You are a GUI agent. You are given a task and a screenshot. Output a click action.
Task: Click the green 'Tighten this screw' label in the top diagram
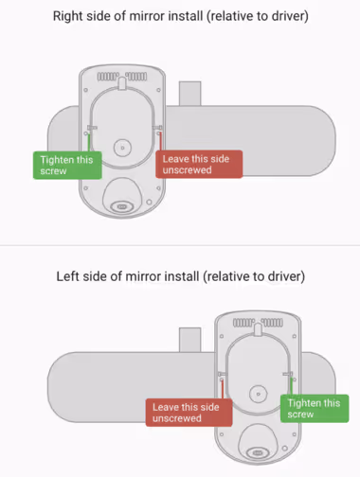pos(67,166)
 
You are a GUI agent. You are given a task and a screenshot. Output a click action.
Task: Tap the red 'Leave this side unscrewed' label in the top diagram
pos(199,164)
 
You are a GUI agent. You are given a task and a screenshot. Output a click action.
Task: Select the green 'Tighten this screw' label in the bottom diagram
pos(315,409)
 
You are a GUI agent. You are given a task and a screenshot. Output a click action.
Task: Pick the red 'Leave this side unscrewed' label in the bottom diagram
pos(189,413)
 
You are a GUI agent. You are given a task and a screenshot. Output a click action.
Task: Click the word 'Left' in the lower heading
pos(67,276)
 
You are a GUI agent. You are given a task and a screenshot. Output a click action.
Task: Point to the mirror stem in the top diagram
pos(190,94)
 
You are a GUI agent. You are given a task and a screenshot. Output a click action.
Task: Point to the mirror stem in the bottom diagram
pos(190,340)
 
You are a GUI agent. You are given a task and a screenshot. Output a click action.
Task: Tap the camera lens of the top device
pos(122,206)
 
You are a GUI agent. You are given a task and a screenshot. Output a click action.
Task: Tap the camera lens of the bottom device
pos(258,452)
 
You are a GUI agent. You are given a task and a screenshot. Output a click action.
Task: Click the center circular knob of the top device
pos(122,148)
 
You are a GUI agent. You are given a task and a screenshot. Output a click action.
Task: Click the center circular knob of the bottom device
pos(259,394)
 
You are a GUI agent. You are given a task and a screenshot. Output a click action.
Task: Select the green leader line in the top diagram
pos(89,143)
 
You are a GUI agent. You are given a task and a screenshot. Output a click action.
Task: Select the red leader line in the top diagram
pos(160,141)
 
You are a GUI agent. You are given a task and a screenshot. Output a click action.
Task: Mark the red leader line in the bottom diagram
pos(223,390)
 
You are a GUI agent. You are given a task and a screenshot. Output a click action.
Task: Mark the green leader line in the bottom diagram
pos(291,386)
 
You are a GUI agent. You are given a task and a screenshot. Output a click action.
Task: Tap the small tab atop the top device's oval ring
pos(122,83)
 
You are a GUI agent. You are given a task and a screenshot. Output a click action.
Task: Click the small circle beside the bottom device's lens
pos(285,448)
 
